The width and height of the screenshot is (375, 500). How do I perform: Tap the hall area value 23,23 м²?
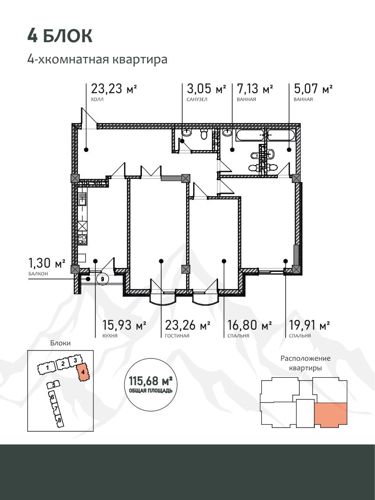coord(114,88)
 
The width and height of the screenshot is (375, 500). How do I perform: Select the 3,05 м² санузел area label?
coord(206,88)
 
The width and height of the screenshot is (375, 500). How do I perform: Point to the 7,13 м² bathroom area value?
coord(255,88)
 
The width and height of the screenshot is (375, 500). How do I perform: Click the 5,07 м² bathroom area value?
coord(313,88)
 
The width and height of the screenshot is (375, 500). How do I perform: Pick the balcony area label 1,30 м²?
coord(47,263)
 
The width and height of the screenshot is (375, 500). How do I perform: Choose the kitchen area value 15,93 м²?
coord(124,325)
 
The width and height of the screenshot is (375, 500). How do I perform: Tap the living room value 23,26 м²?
coord(187,325)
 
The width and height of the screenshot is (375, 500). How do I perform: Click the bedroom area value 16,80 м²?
coord(250,325)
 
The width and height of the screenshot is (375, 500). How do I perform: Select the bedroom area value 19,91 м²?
coord(309,325)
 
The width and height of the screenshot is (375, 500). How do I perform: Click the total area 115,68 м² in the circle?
coord(151,381)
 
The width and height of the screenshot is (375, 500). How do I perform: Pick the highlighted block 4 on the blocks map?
coord(83,372)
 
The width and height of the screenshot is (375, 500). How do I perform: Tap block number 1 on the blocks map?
coord(47,368)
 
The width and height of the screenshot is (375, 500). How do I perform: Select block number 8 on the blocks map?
coord(59,420)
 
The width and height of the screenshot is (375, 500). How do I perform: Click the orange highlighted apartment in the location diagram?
coord(331,414)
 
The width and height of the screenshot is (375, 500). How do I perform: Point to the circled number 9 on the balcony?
coord(102,279)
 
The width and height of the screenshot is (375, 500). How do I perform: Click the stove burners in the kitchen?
coord(83,239)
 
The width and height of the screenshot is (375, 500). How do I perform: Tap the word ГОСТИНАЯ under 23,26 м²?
coord(177,336)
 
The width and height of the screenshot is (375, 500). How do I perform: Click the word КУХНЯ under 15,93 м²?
coord(110,336)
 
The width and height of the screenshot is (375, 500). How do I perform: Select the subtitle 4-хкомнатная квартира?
coord(97,60)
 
